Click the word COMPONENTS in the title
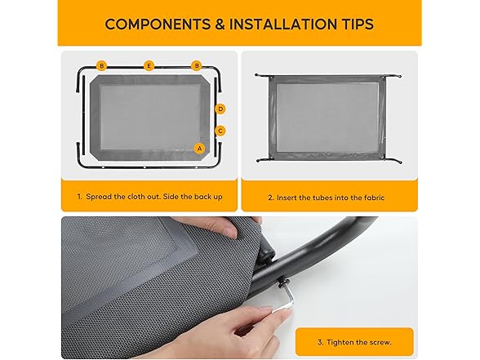[158, 24]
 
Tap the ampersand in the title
[220, 24]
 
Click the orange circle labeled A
[199, 149]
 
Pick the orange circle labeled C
[220, 131]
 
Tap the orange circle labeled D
[220, 109]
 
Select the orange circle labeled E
[149, 66]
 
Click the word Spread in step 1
[99, 197]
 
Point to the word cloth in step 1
[135, 197]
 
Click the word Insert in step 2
[287, 198]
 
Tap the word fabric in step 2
[374, 198]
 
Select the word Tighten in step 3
[340, 342]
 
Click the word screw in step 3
[380, 343]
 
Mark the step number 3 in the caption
[321, 342]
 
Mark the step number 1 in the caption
[79, 197]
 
